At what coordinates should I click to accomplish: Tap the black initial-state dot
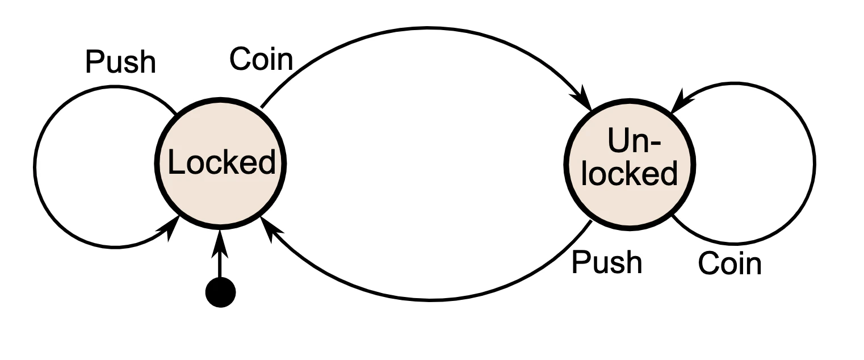click(x=220, y=292)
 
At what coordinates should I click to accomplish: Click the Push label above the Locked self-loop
click(x=120, y=62)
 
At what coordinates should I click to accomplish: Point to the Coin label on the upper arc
click(x=261, y=59)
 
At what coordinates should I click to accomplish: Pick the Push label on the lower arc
click(x=606, y=262)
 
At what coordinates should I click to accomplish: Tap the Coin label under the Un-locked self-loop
click(x=729, y=264)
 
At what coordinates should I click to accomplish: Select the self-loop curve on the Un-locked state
click(x=815, y=165)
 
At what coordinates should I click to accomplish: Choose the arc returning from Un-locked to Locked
click(x=431, y=299)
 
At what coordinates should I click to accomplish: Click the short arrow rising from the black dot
click(x=220, y=264)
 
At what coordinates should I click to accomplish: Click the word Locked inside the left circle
click(x=221, y=164)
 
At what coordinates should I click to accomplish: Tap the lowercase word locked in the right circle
click(x=630, y=173)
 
